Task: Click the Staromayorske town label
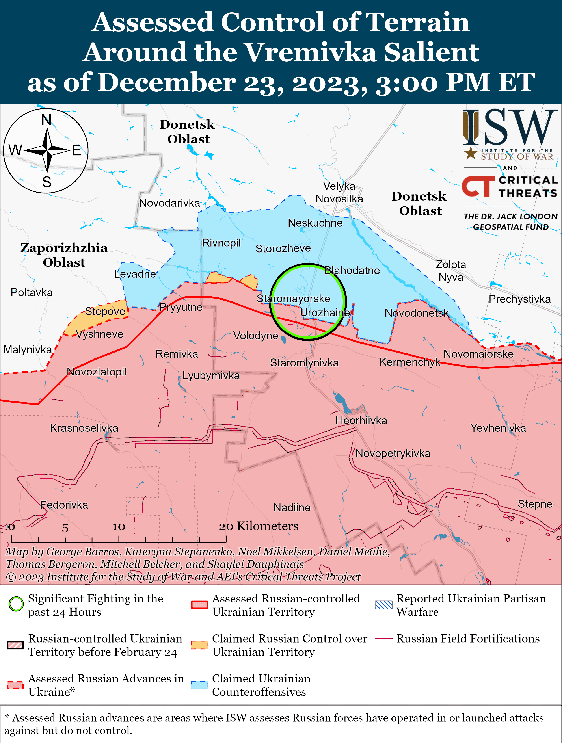point(293,299)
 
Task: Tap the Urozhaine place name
point(324,313)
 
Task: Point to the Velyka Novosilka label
point(339,192)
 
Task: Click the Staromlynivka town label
point(304,363)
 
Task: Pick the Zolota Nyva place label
point(451,271)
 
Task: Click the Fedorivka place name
point(64,505)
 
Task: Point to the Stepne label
point(535,504)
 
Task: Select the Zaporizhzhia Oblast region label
point(64,255)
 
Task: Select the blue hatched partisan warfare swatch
point(383,605)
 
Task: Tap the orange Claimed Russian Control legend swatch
point(199,645)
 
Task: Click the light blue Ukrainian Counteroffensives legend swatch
point(199,685)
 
